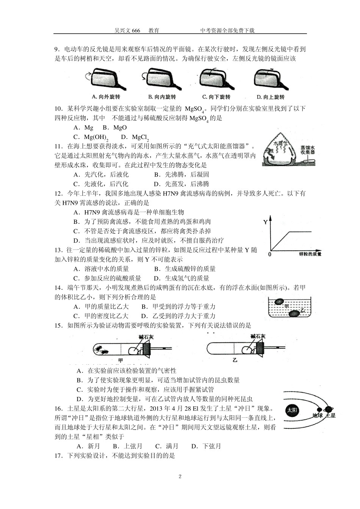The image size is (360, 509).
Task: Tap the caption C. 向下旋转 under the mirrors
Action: coord(216,97)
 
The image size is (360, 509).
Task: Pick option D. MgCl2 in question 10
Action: coord(135,137)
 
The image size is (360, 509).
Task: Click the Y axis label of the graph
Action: coord(265,222)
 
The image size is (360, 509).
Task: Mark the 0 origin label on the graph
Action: coord(269,254)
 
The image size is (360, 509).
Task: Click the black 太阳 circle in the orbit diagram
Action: coord(292,410)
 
